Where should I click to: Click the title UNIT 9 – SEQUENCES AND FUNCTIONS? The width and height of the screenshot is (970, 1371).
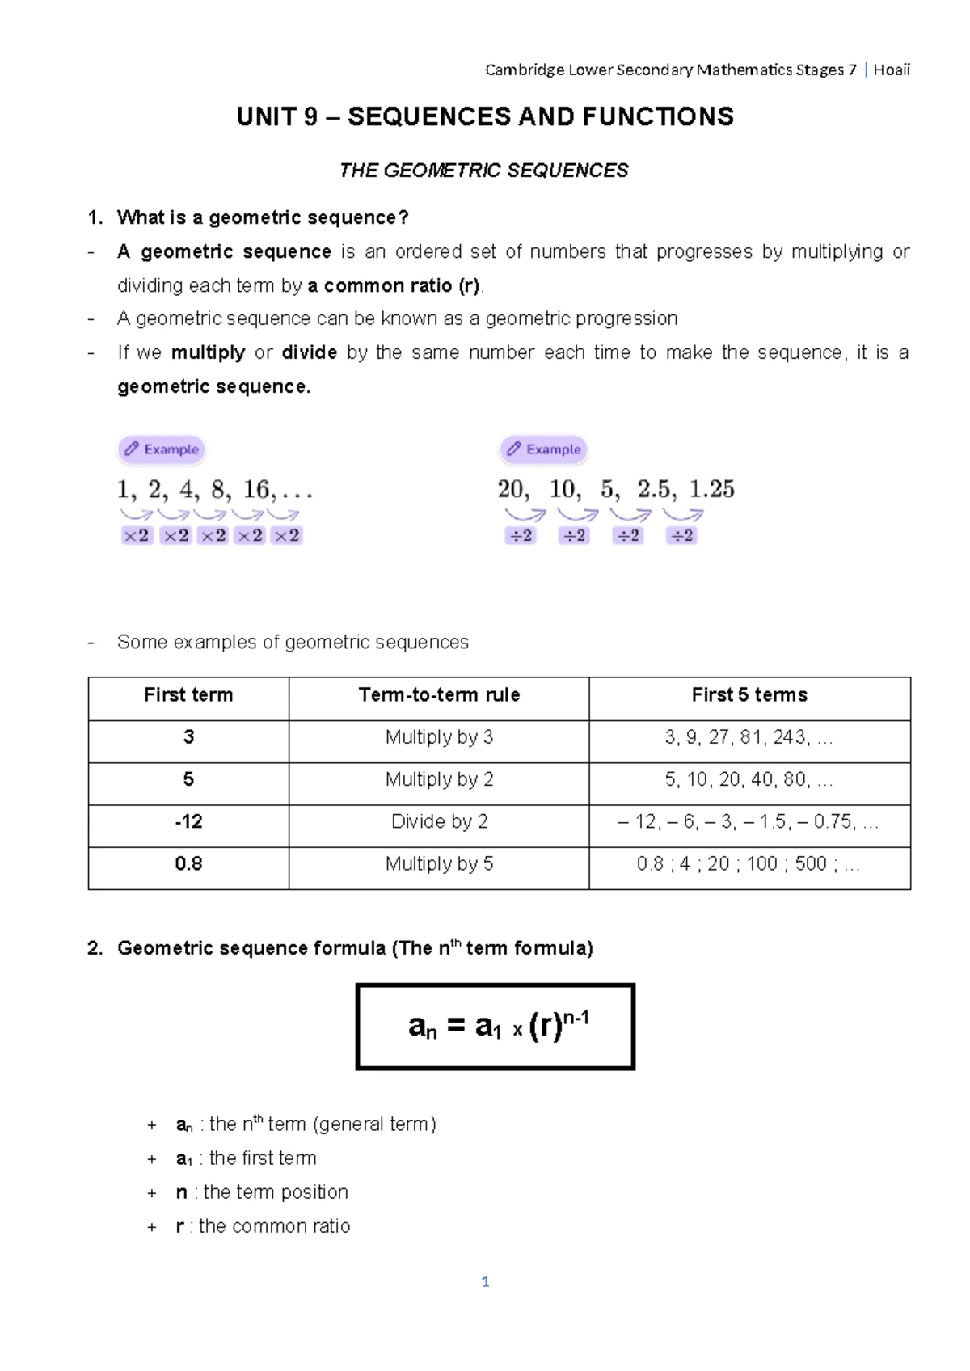pos(485,117)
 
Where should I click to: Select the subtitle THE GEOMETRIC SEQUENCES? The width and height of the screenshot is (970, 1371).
pos(483,171)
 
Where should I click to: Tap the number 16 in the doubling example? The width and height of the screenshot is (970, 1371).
pos(257,489)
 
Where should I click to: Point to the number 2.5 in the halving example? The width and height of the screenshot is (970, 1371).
pos(654,489)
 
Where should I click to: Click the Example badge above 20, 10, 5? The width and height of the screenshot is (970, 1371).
pos(544,449)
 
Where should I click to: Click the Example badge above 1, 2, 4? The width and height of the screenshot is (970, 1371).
pos(162,449)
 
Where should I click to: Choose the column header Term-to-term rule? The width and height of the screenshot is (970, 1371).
pos(439,695)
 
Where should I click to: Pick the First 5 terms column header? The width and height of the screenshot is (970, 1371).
pos(749,695)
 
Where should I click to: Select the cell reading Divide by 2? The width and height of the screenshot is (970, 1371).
pos(439,822)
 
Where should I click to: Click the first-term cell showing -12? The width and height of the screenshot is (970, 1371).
pos(188,822)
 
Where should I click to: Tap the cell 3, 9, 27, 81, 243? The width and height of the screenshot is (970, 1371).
pos(749,737)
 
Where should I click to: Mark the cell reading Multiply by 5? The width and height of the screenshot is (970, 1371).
pos(439,864)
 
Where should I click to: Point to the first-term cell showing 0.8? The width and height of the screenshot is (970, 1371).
pos(188,864)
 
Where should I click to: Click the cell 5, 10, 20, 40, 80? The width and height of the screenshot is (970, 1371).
pos(749,780)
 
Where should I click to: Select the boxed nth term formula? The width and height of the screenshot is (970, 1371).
pos(496,1027)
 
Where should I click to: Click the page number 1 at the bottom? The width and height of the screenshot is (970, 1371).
pos(485,1281)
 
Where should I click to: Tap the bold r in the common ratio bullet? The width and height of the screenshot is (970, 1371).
pos(179,1226)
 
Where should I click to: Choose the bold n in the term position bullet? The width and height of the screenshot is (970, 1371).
pos(181,1192)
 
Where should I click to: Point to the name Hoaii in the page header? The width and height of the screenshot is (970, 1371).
pos(892,70)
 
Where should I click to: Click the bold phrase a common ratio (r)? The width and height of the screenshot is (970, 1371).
pos(394,286)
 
